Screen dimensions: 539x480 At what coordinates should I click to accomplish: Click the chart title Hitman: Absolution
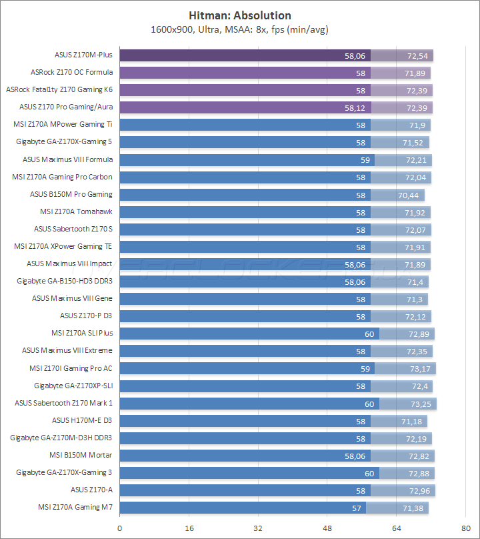[240, 15]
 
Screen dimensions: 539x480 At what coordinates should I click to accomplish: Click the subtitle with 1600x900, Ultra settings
[240, 29]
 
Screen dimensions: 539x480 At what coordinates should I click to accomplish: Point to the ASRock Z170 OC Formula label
[72, 72]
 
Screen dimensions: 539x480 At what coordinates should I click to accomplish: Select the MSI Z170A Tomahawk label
[76, 211]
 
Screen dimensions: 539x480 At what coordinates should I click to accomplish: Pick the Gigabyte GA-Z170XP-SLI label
[73, 386]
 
